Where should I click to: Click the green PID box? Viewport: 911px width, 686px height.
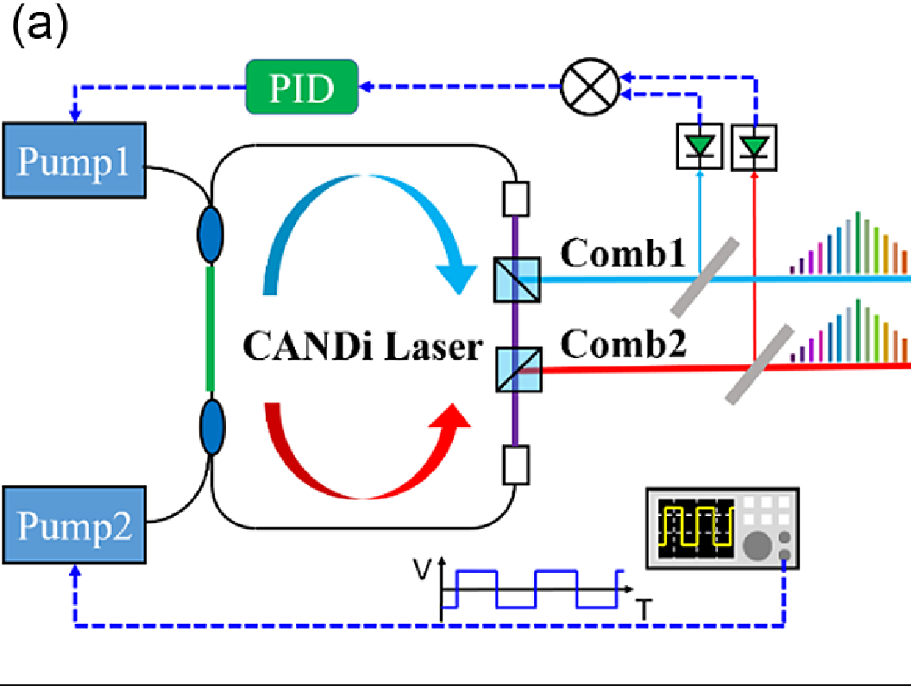click(x=302, y=87)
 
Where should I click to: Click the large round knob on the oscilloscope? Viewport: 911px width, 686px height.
click(x=758, y=546)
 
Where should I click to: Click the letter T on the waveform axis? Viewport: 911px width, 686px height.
click(x=642, y=610)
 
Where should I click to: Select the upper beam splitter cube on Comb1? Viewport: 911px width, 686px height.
click(x=517, y=280)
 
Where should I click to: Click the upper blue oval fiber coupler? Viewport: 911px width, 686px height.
click(x=210, y=244)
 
